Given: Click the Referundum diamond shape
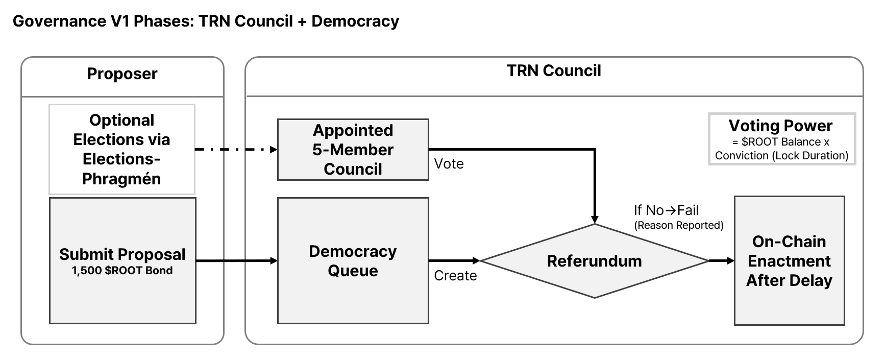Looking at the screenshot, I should pos(595,261).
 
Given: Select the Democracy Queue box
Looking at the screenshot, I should pos(353,261).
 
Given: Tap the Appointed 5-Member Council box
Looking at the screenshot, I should pos(353,150).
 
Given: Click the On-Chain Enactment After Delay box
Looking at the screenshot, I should pos(789,261).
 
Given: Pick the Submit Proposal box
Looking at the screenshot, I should pos(122,261).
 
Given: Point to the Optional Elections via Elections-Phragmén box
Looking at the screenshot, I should pos(121,149).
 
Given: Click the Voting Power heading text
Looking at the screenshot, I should pos(780,126).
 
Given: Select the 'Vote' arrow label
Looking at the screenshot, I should pos(449,164).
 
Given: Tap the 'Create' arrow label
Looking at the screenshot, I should pos(455,276).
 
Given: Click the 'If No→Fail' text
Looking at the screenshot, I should pos(666,210).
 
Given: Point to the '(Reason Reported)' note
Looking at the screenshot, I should pos(678,225).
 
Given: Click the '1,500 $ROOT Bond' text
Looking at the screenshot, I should pos(122,271).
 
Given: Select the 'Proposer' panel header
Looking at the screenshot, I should pos(122,74).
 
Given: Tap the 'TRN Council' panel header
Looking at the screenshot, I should pos(554,70).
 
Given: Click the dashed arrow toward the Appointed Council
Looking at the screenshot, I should pos(235,150).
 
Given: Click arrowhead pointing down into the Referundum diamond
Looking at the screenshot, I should pos(595,219).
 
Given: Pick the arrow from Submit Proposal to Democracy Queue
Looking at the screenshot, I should pos(236,261).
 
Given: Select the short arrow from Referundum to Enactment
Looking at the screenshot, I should pos(721,261).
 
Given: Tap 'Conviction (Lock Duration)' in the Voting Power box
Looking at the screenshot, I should pos(781,156).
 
